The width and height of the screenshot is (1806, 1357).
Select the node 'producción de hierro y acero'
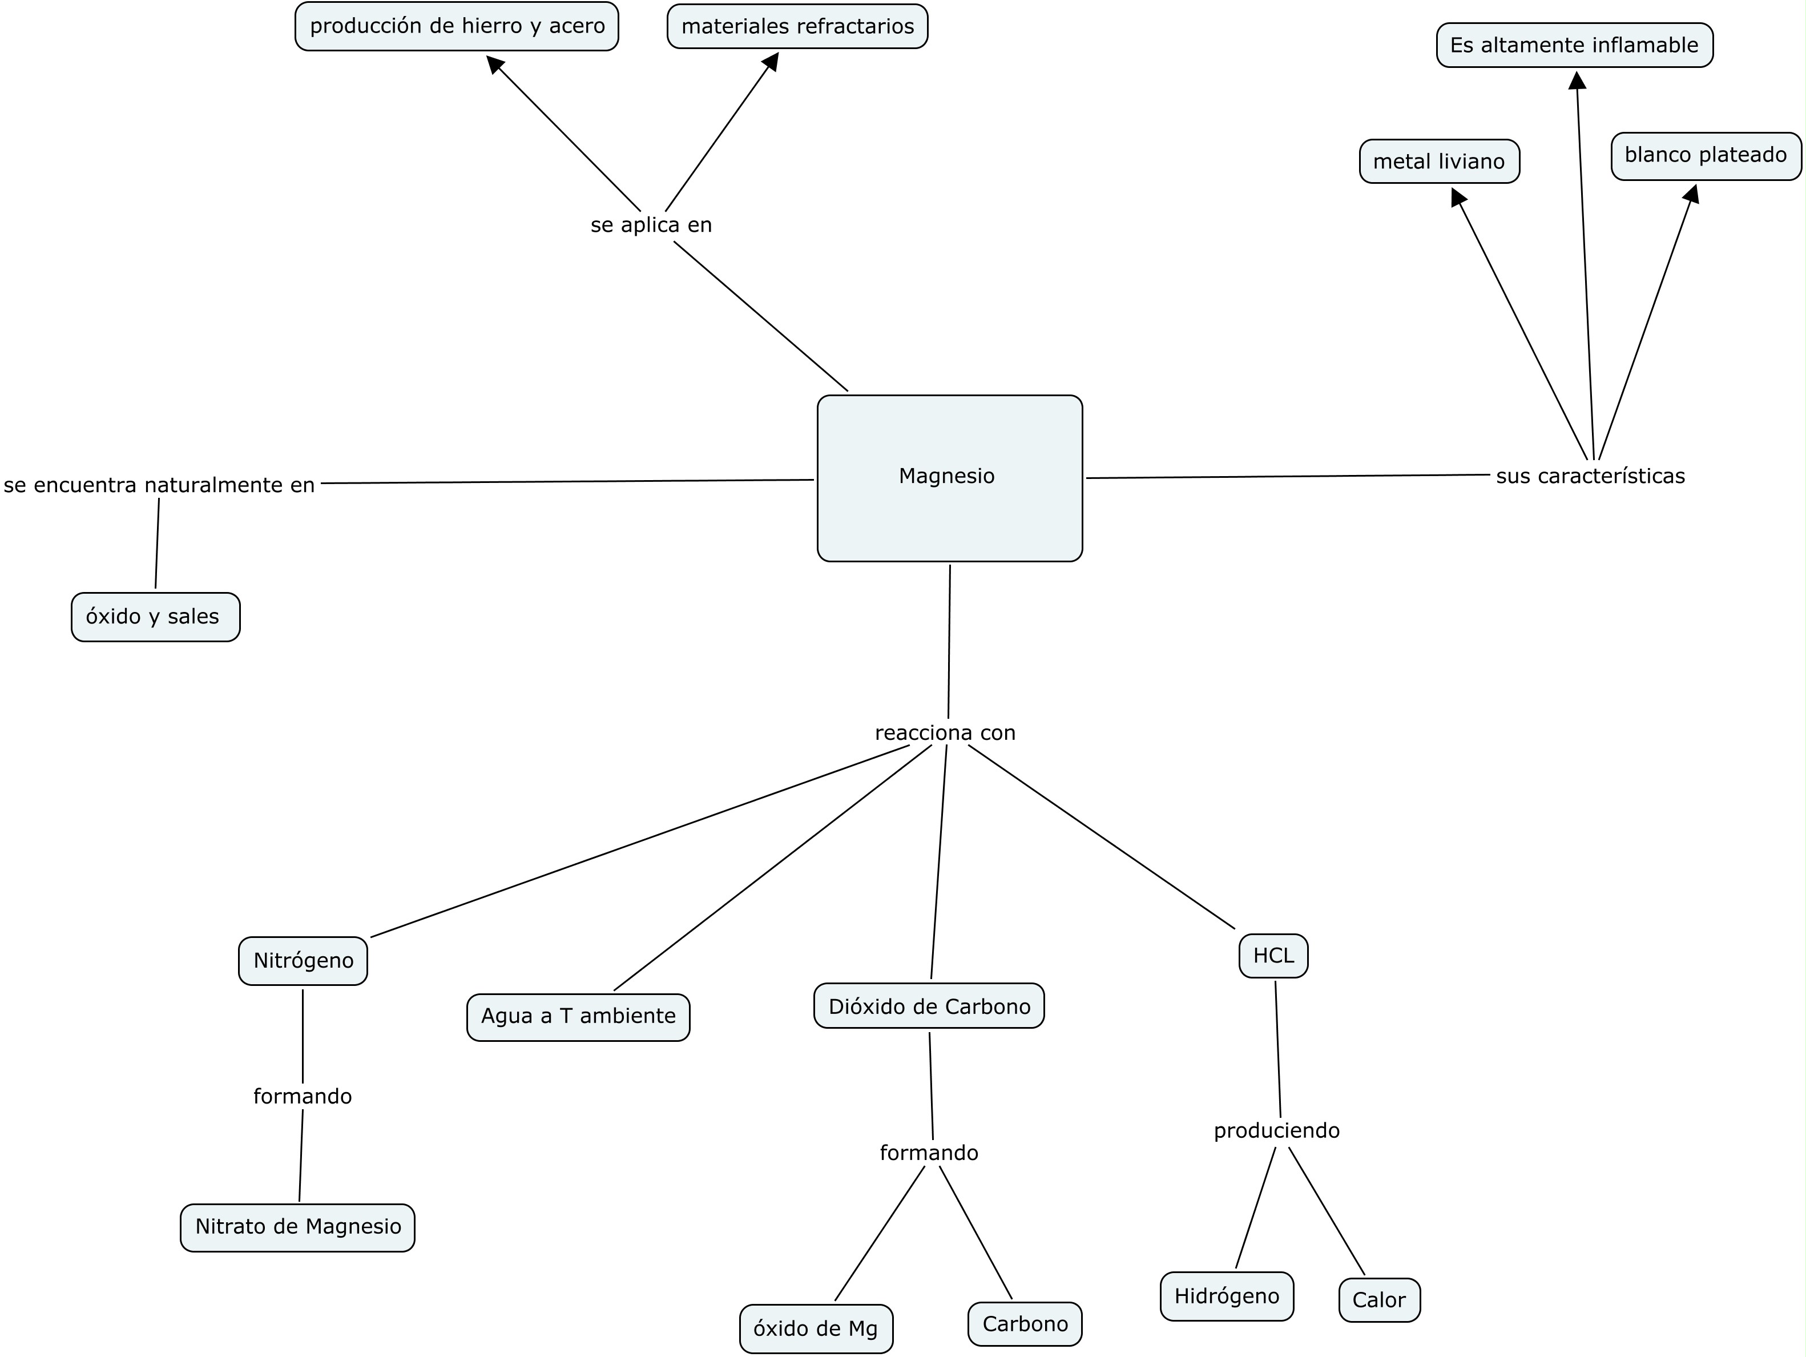(x=457, y=27)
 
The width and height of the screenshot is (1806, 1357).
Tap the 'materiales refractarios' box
(x=797, y=27)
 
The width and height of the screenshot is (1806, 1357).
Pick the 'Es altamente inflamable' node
(x=1574, y=46)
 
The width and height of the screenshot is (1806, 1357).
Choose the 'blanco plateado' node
(x=1705, y=156)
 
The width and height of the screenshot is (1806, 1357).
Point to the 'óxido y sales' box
(x=155, y=617)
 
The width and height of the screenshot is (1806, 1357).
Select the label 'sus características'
(x=1590, y=477)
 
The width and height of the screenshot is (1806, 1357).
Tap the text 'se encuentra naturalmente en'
(x=159, y=486)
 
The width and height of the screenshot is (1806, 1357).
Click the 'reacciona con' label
(x=945, y=733)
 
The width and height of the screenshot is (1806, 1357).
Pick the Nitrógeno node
(x=303, y=961)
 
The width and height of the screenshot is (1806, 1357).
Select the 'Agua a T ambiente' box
(x=578, y=1017)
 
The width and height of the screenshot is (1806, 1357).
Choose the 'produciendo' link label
(x=1276, y=1131)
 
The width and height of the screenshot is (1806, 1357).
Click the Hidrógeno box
(x=1226, y=1296)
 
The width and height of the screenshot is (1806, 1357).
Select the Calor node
(x=1379, y=1300)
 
